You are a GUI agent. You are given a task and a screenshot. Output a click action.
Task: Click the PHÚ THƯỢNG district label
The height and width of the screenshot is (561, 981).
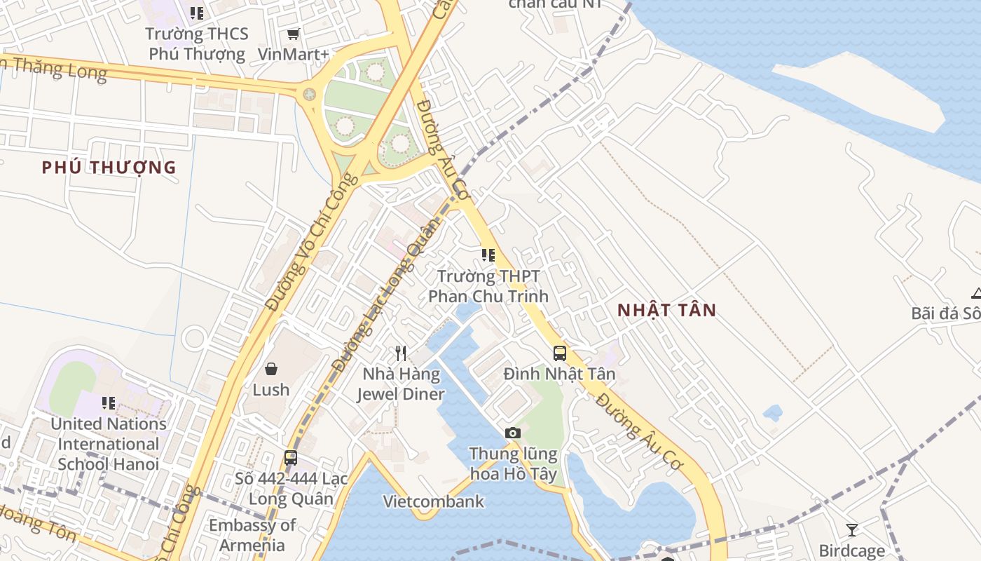point(109,168)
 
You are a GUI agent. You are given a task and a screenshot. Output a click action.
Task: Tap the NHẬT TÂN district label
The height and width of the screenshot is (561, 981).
point(666,310)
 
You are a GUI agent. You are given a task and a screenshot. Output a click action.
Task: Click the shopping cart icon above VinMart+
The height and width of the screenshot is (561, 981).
point(294,34)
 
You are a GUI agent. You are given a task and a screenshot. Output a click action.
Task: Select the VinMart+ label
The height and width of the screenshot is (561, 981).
point(294,54)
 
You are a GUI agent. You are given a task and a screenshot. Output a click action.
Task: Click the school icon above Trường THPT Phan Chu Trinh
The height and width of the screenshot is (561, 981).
point(488,255)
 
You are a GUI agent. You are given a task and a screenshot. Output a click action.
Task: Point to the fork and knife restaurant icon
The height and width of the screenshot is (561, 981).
point(401,353)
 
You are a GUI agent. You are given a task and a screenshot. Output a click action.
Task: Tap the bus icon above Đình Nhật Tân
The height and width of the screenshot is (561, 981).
point(559,353)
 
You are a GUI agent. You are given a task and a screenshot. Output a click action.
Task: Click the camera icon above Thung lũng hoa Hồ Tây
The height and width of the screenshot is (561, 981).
point(513,433)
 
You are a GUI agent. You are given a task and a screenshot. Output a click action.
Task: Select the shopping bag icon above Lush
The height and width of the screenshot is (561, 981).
point(271,369)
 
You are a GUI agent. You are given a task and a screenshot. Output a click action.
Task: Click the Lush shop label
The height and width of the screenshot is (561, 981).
point(271,390)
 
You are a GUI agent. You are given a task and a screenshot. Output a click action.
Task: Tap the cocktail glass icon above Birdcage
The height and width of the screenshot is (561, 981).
point(852,530)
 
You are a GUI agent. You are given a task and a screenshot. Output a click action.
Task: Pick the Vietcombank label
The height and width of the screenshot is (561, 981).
point(434,501)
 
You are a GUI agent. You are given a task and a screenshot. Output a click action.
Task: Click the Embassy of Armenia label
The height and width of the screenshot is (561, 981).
point(252,535)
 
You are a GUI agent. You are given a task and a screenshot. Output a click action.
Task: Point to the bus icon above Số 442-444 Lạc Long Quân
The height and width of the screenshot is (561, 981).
point(291,458)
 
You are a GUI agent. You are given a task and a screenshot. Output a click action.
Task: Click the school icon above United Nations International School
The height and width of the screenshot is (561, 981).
point(109,403)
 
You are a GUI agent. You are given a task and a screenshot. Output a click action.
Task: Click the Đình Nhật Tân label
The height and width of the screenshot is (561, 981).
point(559,374)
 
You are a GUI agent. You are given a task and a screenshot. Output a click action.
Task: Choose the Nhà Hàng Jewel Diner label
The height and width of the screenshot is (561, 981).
point(401,384)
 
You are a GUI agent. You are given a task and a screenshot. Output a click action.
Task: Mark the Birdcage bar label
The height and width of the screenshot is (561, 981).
point(852,551)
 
